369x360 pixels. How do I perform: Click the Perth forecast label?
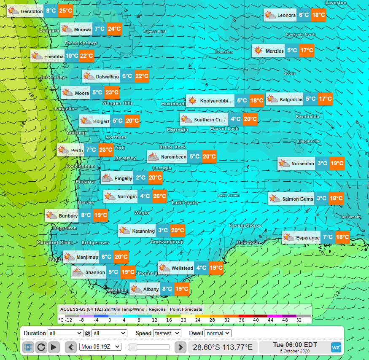tap(77, 150)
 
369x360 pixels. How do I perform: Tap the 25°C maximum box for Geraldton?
tap(65, 11)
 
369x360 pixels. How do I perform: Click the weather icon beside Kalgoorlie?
tap(272, 99)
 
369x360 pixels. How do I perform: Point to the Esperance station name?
tap(308, 238)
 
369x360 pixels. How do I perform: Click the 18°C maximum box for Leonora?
tap(318, 15)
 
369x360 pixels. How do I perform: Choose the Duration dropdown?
tap(65, 333)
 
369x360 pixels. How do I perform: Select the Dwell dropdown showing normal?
tap(218, 333)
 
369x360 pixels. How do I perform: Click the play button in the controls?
tap(54, 347)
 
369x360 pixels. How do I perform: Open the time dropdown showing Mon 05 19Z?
tap(100, 347)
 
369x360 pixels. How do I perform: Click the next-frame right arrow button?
tap(180, 347)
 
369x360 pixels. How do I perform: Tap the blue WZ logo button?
tap(336, 347)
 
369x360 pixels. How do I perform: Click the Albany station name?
tap(151, 289)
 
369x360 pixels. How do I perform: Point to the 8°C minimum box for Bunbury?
tap(86, 215)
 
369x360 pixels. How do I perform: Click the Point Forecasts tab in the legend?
tap(186, 309)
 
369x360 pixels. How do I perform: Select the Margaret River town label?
tap(54, 242)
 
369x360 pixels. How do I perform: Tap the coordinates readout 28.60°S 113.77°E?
tap(223, 347)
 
